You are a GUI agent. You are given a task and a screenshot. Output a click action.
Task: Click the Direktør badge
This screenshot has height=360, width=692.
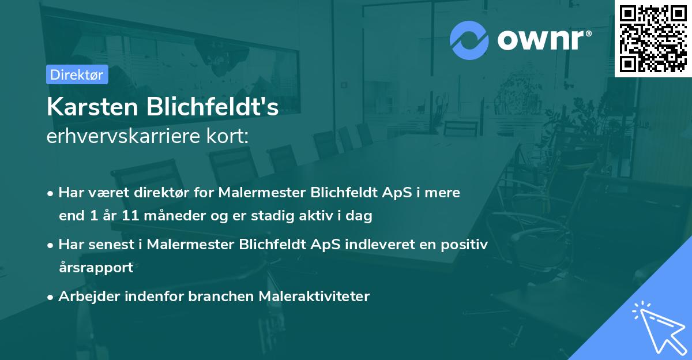pyautogui.click(x=77, y=74)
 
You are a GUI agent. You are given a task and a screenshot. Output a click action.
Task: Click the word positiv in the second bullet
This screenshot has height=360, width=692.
pyautogui.click(x=465, y=245)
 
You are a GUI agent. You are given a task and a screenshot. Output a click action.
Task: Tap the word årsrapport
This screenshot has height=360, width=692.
pyautogui.click(x=96, y=267)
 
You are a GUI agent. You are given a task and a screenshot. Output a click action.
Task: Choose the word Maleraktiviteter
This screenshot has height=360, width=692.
pyautogui.click(x=314, y=297)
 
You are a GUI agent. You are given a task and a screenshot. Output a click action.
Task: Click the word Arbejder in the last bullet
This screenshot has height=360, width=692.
pyautogui.click(x=85, y=297)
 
